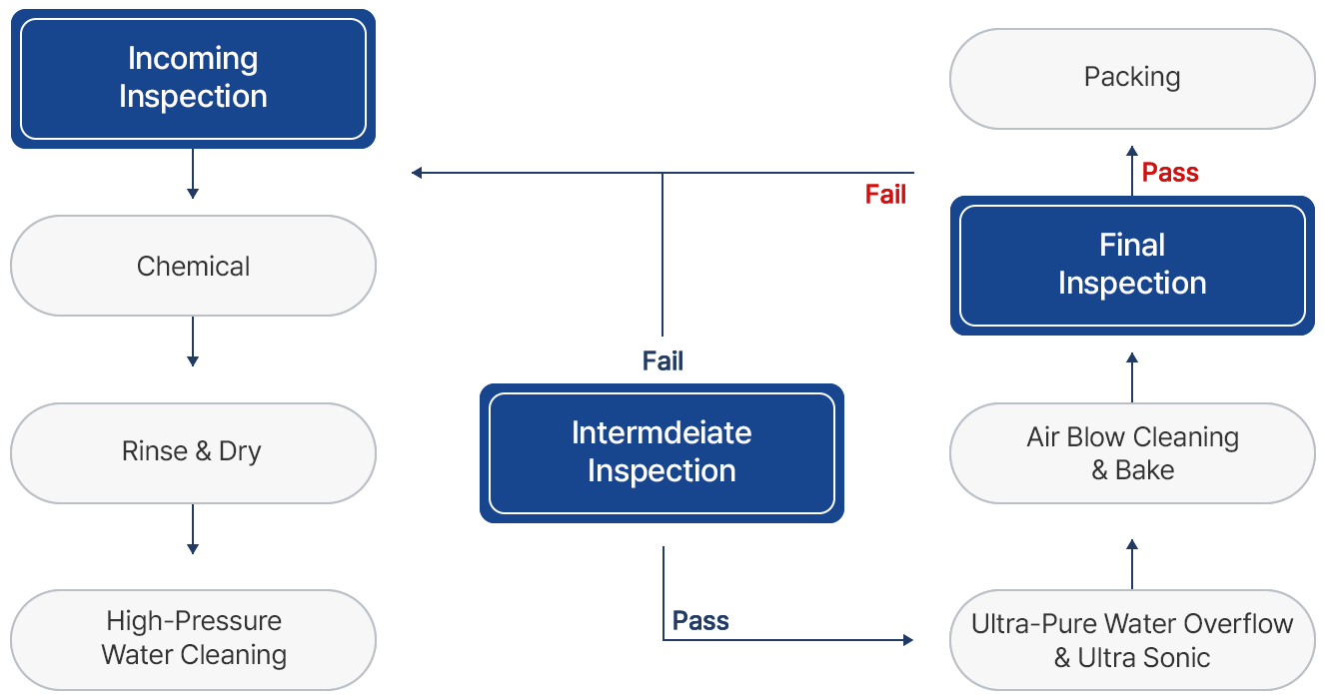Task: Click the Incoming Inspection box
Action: coord(193,79)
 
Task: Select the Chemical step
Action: coord(193,266)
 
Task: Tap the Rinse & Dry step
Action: coord(193,453)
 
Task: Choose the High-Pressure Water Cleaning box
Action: coord(193,639)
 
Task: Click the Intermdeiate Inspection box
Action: coord(662,453)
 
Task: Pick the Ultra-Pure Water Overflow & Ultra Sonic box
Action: coord(1132,639)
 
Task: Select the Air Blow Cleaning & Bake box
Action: coord(1132,453)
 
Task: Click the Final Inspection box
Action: coord(1132,266)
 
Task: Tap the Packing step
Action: coord(1132,79)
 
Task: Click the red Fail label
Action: coord(885,194)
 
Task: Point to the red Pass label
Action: coord(1169,172)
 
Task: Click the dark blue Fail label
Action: coord(662,360)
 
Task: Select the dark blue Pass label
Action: coord(700,620)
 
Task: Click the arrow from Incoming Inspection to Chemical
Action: coord(193,174)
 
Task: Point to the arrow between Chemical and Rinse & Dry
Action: coord(193,342)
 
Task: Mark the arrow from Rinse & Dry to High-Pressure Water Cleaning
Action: coord(193,529)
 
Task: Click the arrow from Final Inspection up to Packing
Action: coord(1132,170)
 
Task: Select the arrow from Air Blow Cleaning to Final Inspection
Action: coord(1132,377)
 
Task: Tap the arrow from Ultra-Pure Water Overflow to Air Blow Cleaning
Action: coord(1132,564)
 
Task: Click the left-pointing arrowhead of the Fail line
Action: coord(417,173)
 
